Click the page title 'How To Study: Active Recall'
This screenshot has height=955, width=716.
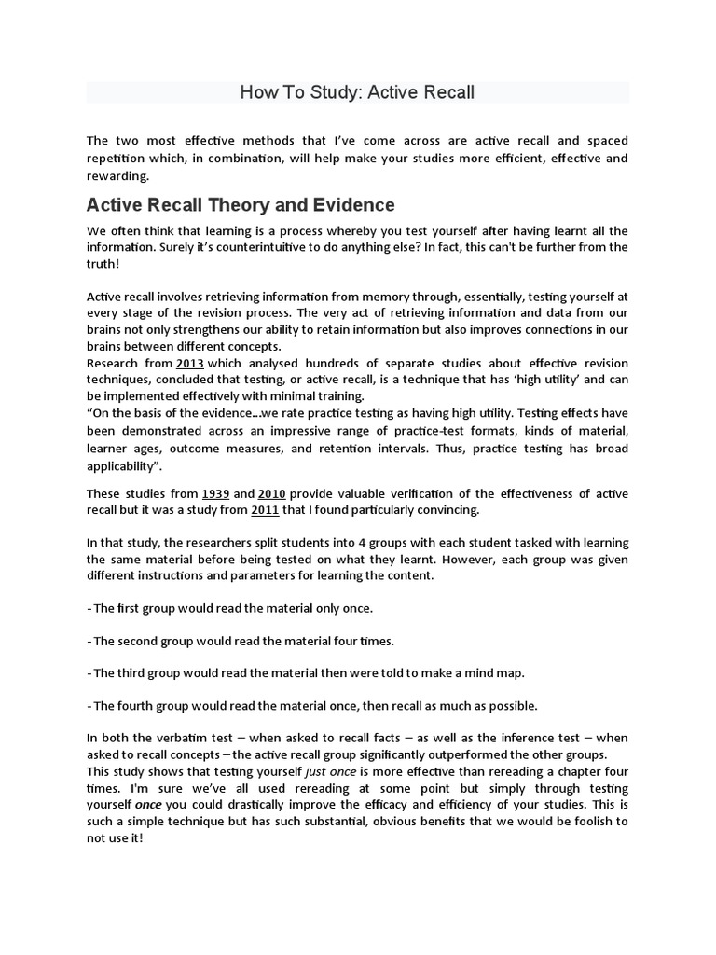[x=358, y=92]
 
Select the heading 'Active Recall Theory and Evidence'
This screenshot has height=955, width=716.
[x=241, y=204]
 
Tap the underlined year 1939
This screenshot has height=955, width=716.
[x=216, y=493]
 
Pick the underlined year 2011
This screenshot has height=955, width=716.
[x=266, y=510]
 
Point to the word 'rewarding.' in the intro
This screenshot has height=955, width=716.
[x=117, y=176]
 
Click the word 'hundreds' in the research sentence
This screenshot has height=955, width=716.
[x=322, y=363]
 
